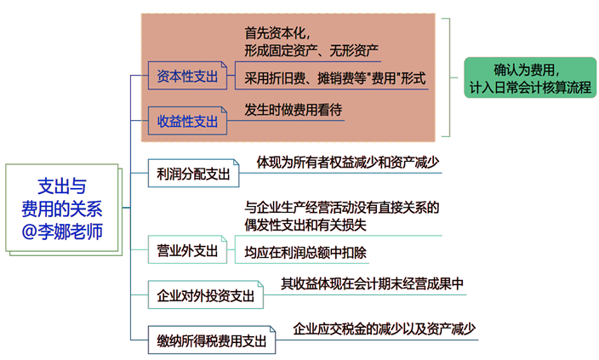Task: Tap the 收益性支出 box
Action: point(188,121)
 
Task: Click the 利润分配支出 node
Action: point(193,174)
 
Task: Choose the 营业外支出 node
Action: point(188,250)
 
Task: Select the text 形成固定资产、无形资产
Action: point(311,51)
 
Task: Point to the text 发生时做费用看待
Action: point(294,109)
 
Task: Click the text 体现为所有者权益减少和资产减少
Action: point(348,162)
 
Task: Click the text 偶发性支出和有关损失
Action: point(305,225)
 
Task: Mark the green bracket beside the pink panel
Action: point(448,77)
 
